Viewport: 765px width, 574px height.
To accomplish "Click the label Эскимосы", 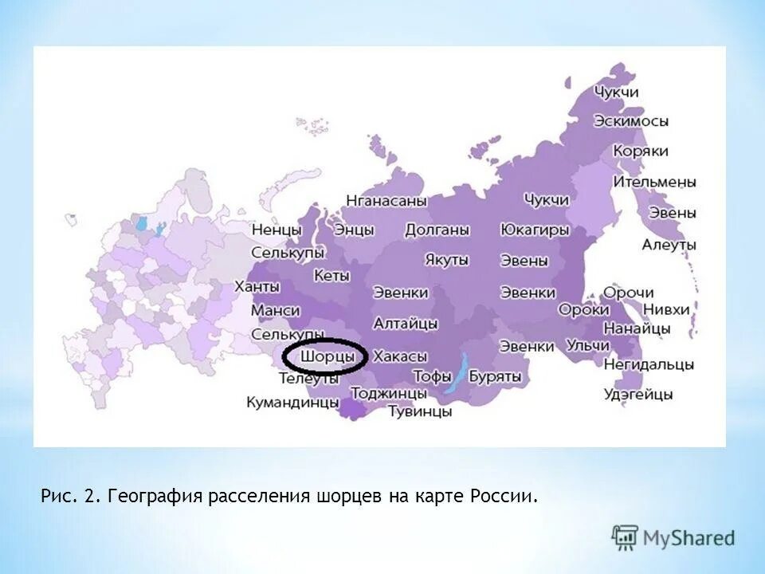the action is click(630, 121).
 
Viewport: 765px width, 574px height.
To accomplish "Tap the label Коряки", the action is click(640, 151).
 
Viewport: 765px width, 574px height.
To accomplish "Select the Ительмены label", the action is click(654, 182).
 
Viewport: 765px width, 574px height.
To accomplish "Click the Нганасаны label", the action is click(386, 201).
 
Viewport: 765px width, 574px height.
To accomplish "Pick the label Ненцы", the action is click(277, 230).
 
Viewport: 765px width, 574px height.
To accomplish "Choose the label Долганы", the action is click(437, 230).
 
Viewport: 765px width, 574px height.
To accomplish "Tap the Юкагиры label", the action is click(535, 230).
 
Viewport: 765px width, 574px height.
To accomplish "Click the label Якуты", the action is click(447, 260).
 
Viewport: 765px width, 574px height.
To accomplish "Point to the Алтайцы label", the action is click(406, 324).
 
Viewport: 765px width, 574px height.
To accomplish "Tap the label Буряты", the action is click(495, 375).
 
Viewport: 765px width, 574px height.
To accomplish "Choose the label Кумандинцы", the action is click(292, 403).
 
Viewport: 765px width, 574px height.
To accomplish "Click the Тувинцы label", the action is click(420, 411).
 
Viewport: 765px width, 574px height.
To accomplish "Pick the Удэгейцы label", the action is click(638, 394).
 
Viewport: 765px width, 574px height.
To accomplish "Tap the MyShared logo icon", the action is click(625, 537).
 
